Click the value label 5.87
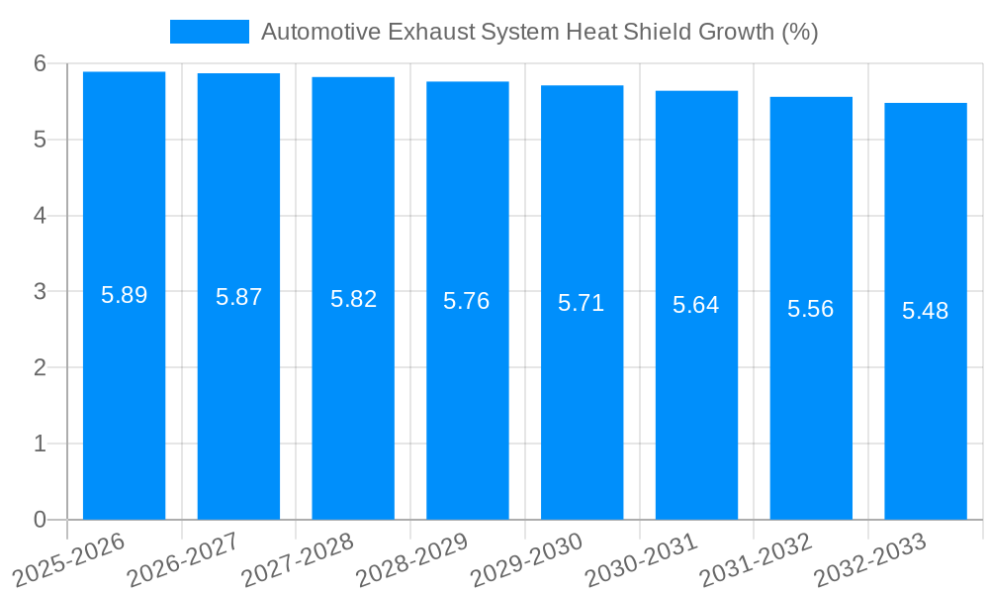click(238, 297)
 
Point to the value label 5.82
click(353, 299)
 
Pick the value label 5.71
click(581, 303)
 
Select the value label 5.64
click(695, 305)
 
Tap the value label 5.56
click(810, 309)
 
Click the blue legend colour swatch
click(209, 32)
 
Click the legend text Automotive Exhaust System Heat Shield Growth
click(539, 32)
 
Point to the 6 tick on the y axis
click(40, 63)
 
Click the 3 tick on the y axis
click(40, 292)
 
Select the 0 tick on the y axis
click(40, 520)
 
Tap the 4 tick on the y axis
click(40, 216)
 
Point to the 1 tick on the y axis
click(40, 444)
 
